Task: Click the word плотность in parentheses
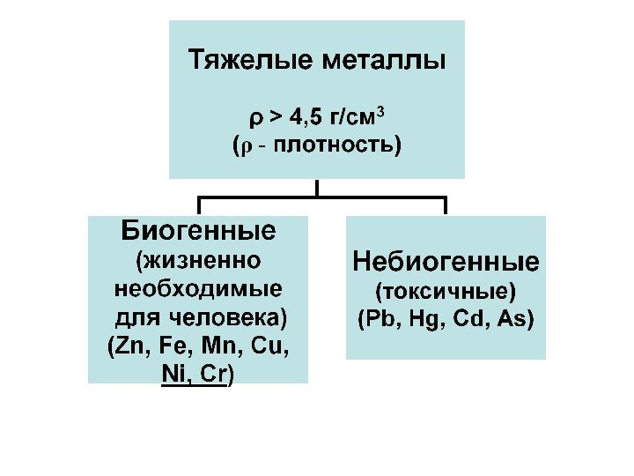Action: (x=333, y=144)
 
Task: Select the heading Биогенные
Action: (x=198, y=231)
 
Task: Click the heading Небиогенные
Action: (x=446, y=261)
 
